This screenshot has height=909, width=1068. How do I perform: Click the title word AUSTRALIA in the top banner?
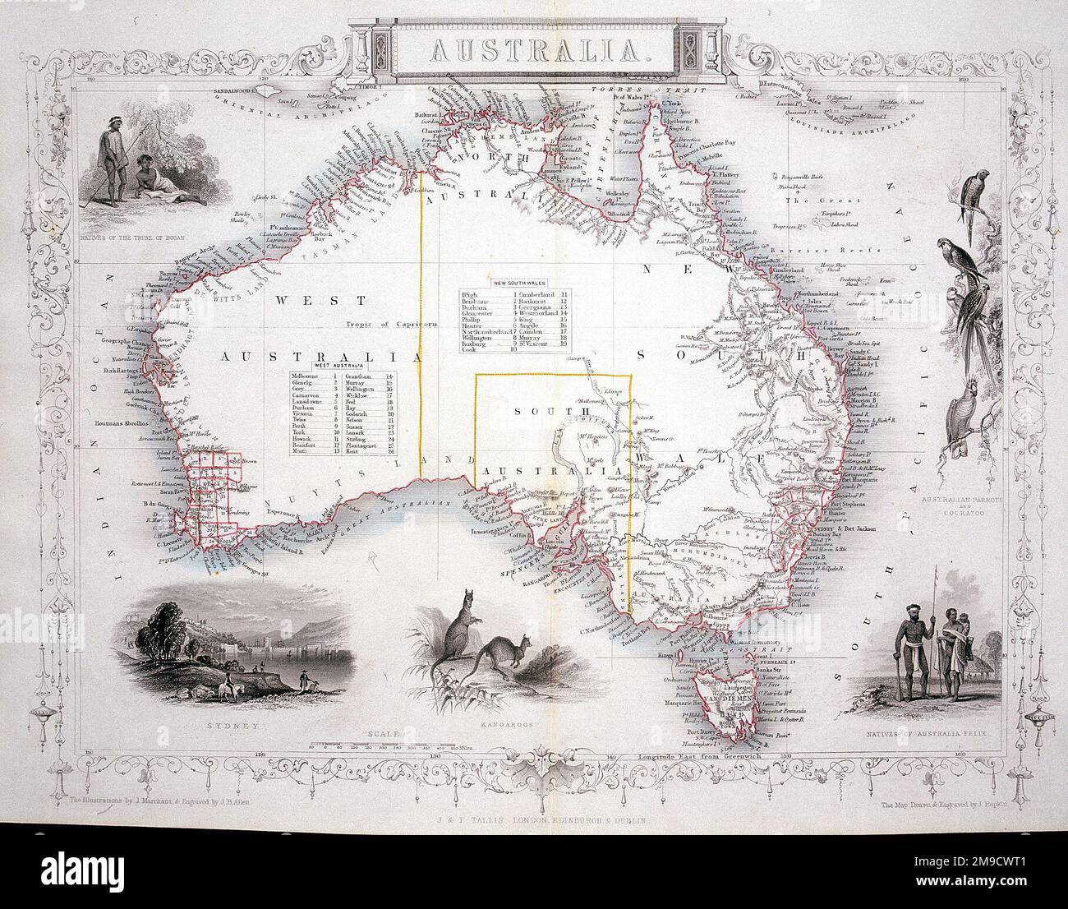click(x=535, y=50)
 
